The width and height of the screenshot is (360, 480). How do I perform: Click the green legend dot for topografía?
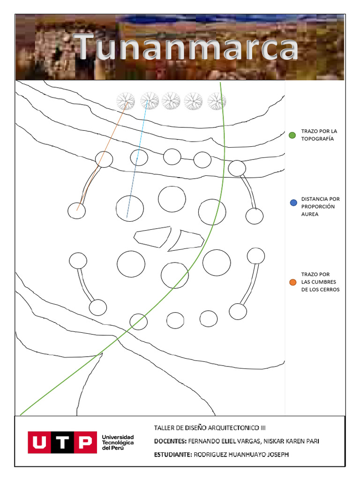pos(292,135)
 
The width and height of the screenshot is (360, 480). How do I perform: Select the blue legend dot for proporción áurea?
pos(293,202)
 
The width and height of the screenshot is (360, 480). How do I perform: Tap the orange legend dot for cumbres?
pos(293,282)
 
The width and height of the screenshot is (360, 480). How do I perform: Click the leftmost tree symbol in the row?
pos(126,101)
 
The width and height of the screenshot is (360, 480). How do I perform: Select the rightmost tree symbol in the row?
pos(217,101)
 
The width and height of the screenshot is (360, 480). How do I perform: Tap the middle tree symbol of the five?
pos(171,101)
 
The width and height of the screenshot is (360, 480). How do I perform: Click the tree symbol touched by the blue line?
pos(149,100)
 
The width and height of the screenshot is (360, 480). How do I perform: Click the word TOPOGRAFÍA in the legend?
pos(317,139)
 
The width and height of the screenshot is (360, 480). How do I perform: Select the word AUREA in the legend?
pos(311,214)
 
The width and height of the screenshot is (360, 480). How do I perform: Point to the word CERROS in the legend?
pos(329,289)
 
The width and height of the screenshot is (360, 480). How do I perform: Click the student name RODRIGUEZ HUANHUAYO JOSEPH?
pos(242,454)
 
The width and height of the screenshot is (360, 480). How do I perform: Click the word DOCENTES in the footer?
pos(170,441)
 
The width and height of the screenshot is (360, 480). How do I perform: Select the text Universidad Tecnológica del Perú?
pos(118,442)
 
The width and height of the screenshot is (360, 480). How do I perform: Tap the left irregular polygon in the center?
pos(151,237)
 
